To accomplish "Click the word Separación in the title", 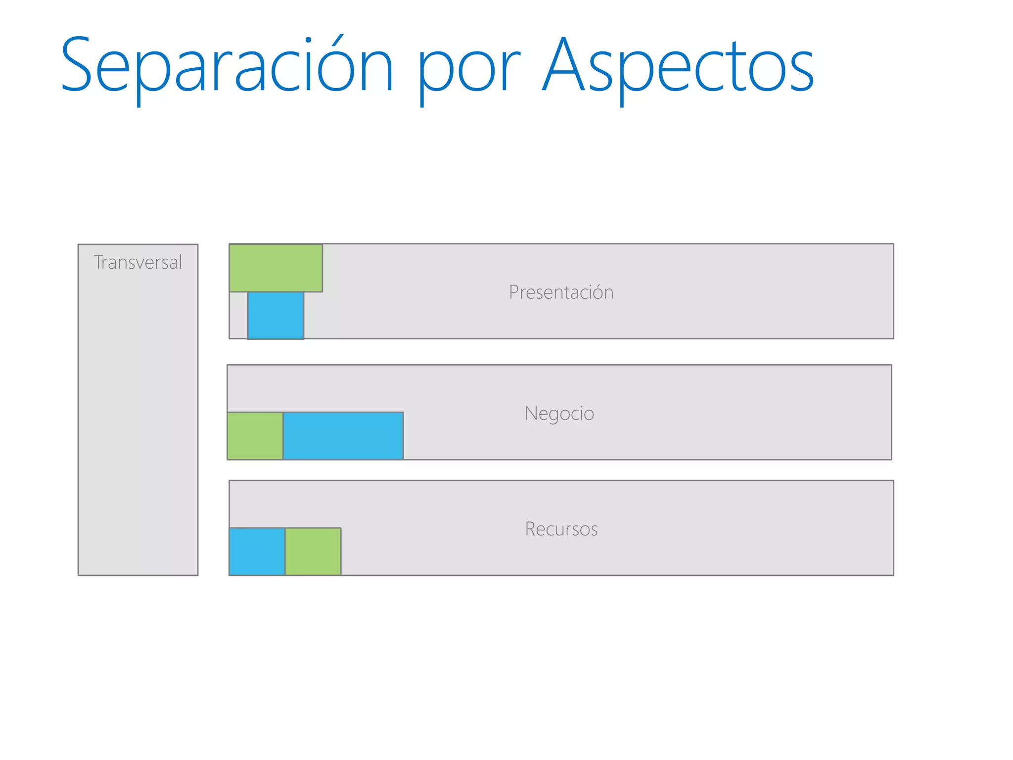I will click(227, 65).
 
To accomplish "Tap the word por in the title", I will click(469, 69).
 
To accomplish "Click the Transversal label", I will click(138, 262).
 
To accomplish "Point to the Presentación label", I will click(561, 292).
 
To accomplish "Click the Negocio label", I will click(559, 413).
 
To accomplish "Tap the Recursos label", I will click(561, 529).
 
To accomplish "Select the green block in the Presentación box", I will click(276, 268).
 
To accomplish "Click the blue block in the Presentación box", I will click(276, 315).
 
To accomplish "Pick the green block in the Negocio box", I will click(255, 436).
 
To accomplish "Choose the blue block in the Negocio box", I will click(343, 436).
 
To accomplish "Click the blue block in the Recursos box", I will click(257, 551).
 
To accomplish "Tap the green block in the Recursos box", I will click(313, 551).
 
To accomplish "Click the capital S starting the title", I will click(77, 64).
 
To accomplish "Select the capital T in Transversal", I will click(98, 262).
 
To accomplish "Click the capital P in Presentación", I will click(514, 292).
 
